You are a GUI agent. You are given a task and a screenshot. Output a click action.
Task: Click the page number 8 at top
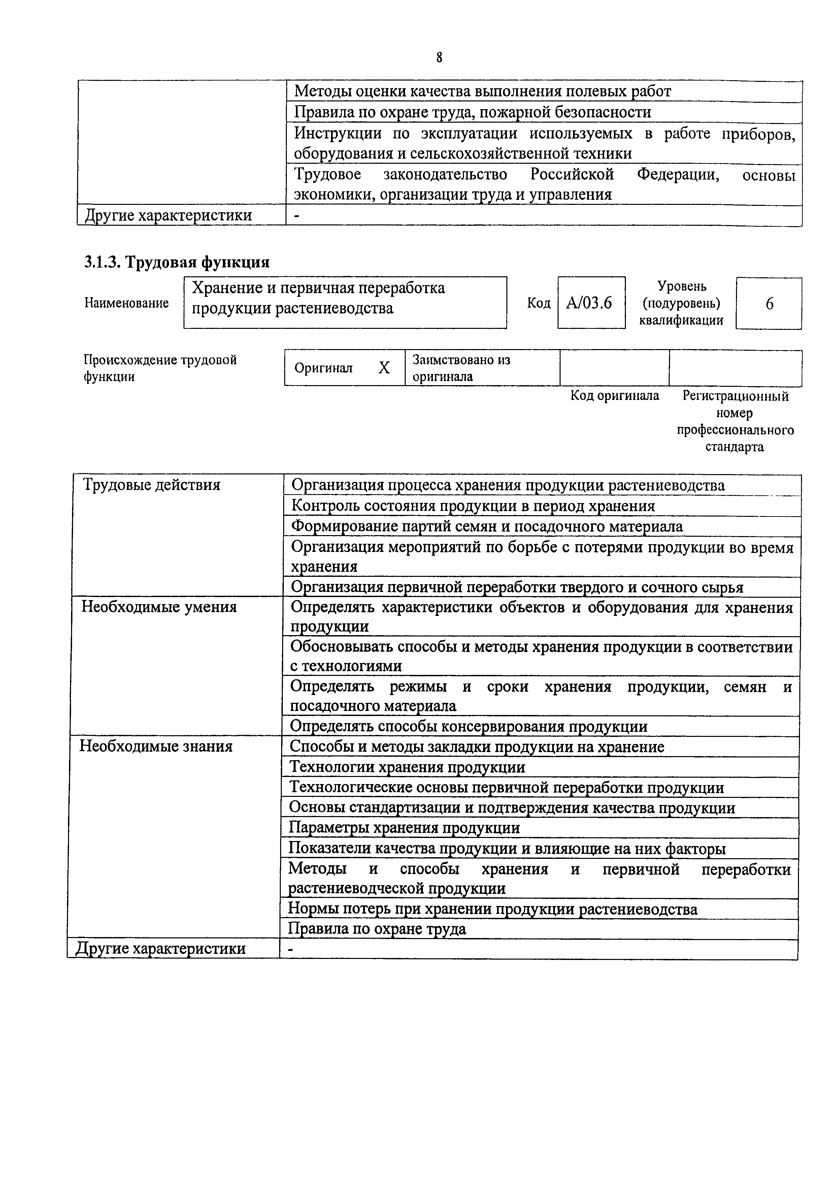[439, 58]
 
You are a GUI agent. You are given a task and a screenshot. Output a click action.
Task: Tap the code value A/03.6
[589, 303]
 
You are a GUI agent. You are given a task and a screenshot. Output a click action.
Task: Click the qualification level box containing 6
[769, 304]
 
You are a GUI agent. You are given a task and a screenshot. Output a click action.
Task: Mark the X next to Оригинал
[384, 368]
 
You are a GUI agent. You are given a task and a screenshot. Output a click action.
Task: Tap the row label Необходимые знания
[156, 746]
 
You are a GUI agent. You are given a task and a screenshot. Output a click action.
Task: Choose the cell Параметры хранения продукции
[404, 828]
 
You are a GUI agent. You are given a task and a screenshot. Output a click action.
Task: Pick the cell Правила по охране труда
[377, 929]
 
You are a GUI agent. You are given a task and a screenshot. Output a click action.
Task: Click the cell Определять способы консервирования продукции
[469, 726]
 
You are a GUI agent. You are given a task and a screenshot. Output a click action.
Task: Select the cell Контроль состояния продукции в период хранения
[473, 506]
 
